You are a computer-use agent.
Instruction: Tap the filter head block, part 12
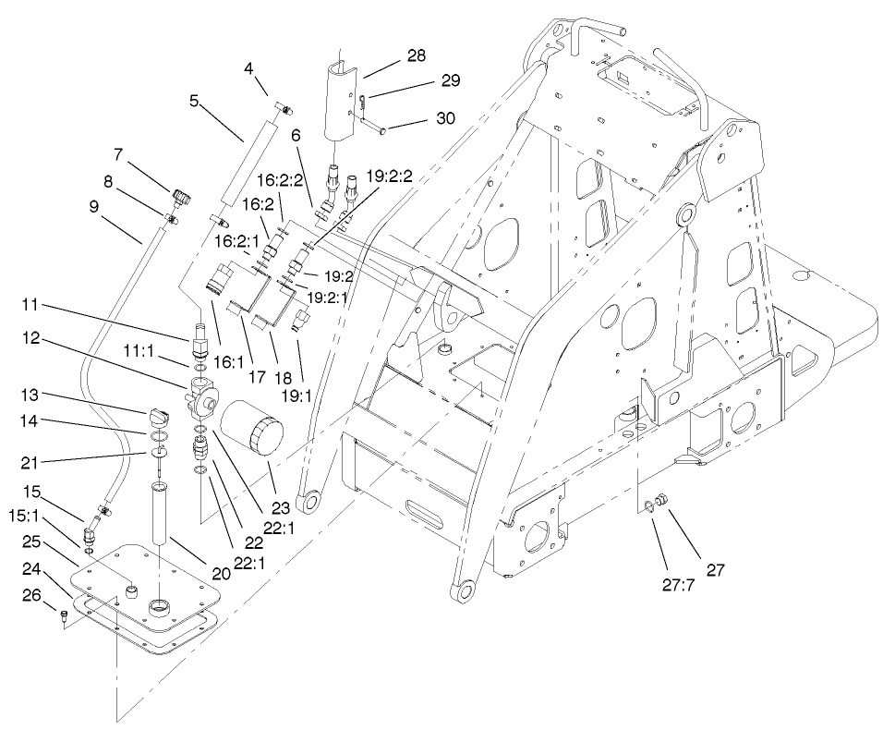tap(203, 395)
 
